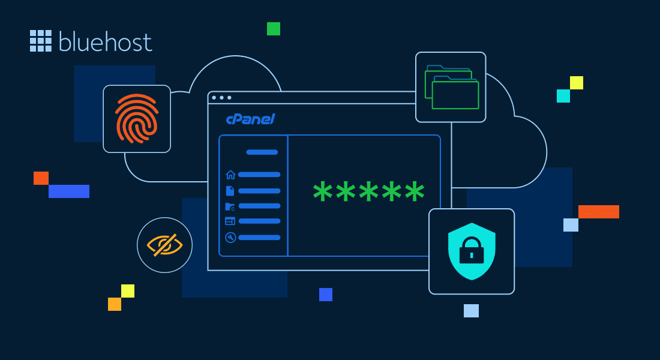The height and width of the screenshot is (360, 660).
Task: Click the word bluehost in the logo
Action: (106, 41)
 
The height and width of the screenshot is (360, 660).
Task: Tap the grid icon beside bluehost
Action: (41, 40)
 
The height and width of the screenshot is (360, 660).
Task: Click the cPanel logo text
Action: (250, 119)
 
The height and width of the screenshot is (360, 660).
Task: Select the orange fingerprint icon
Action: (137, 119)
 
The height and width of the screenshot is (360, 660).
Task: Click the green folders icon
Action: (451, 87)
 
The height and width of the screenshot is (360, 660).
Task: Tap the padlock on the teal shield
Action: (472, 251)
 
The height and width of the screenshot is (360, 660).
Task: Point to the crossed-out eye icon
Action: (164, 245)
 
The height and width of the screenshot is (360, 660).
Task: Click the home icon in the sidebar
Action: (230, 175)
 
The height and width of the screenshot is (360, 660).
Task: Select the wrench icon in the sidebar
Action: (230, 238)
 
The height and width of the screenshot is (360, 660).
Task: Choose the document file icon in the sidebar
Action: (230, 191)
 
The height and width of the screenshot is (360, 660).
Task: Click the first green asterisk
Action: (323, 193)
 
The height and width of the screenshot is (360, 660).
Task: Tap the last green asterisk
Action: (415, 193)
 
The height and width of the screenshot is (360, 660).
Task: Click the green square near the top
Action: (274, 29)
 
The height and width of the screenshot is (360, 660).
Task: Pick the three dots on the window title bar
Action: (221, 97)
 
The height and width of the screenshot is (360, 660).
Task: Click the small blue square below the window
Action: (326, 295)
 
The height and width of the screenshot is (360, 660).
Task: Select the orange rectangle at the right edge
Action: (598, 212)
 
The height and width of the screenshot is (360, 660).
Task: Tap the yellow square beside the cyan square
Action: (577, 83)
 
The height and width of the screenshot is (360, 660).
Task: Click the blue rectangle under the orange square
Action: (69, 191)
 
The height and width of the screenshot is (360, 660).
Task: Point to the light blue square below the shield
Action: (471, 311)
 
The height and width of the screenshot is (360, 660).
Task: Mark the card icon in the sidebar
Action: (230, 221)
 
